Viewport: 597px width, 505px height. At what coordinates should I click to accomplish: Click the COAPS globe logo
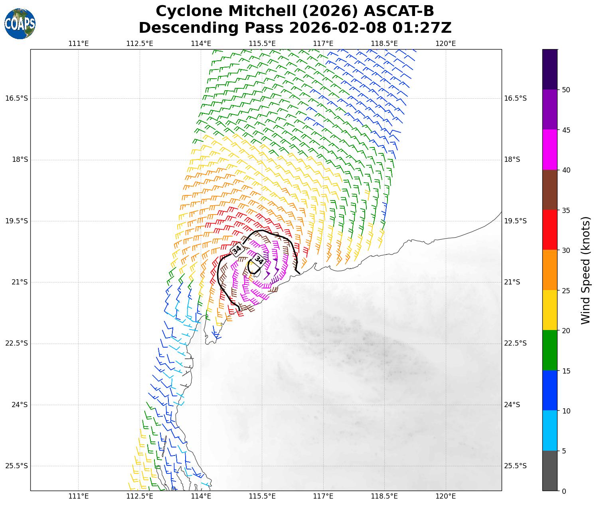pyautogui.click(x=20, y=24)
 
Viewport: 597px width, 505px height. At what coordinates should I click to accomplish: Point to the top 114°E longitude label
pyautogui.click(x=201, y=44)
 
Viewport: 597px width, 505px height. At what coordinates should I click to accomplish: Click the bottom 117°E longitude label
pyautogui.click(x=323, y=496)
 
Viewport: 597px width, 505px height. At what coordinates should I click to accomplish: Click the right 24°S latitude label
pyautogui.click(x=512, y=405)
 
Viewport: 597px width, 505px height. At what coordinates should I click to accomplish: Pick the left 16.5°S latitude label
pyautogui.click(x=17, y=98)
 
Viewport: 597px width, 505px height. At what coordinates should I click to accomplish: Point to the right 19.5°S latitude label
pyautogui.click(x=515, y=221)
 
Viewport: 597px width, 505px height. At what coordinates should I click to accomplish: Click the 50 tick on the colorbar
pyautogui.click(x=565, y=90)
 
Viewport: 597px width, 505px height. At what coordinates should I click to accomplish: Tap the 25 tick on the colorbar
pyautogui.click(x=565, y=290)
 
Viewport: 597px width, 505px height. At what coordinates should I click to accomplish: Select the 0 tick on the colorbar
pyautogui.click(x=563, y=491)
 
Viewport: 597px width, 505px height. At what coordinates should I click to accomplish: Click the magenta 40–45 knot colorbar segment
pyautogui.click(x=550, y=150)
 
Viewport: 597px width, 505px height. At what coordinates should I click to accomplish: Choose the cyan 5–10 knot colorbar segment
pyautogui.click(x=550, y=431)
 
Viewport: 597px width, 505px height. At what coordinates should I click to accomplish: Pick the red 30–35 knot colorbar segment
pyautogui.click(x=550, y=230)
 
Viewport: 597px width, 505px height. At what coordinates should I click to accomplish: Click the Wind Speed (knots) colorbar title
pyautogui.click(x=585, y=270)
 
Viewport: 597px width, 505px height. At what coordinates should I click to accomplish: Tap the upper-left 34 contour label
pyautogui.click(x=237, y=250)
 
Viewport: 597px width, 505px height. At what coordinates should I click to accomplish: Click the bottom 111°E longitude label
pyautogui.click(x=79, y=496)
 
